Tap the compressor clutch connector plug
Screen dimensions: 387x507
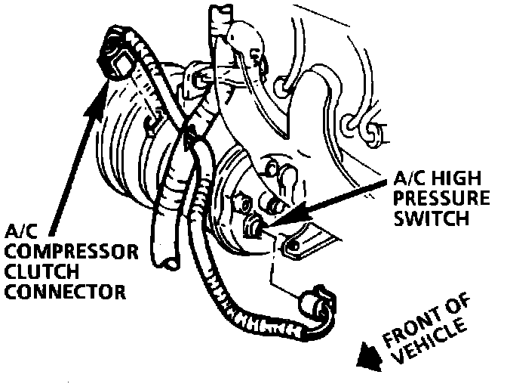point(118,52)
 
